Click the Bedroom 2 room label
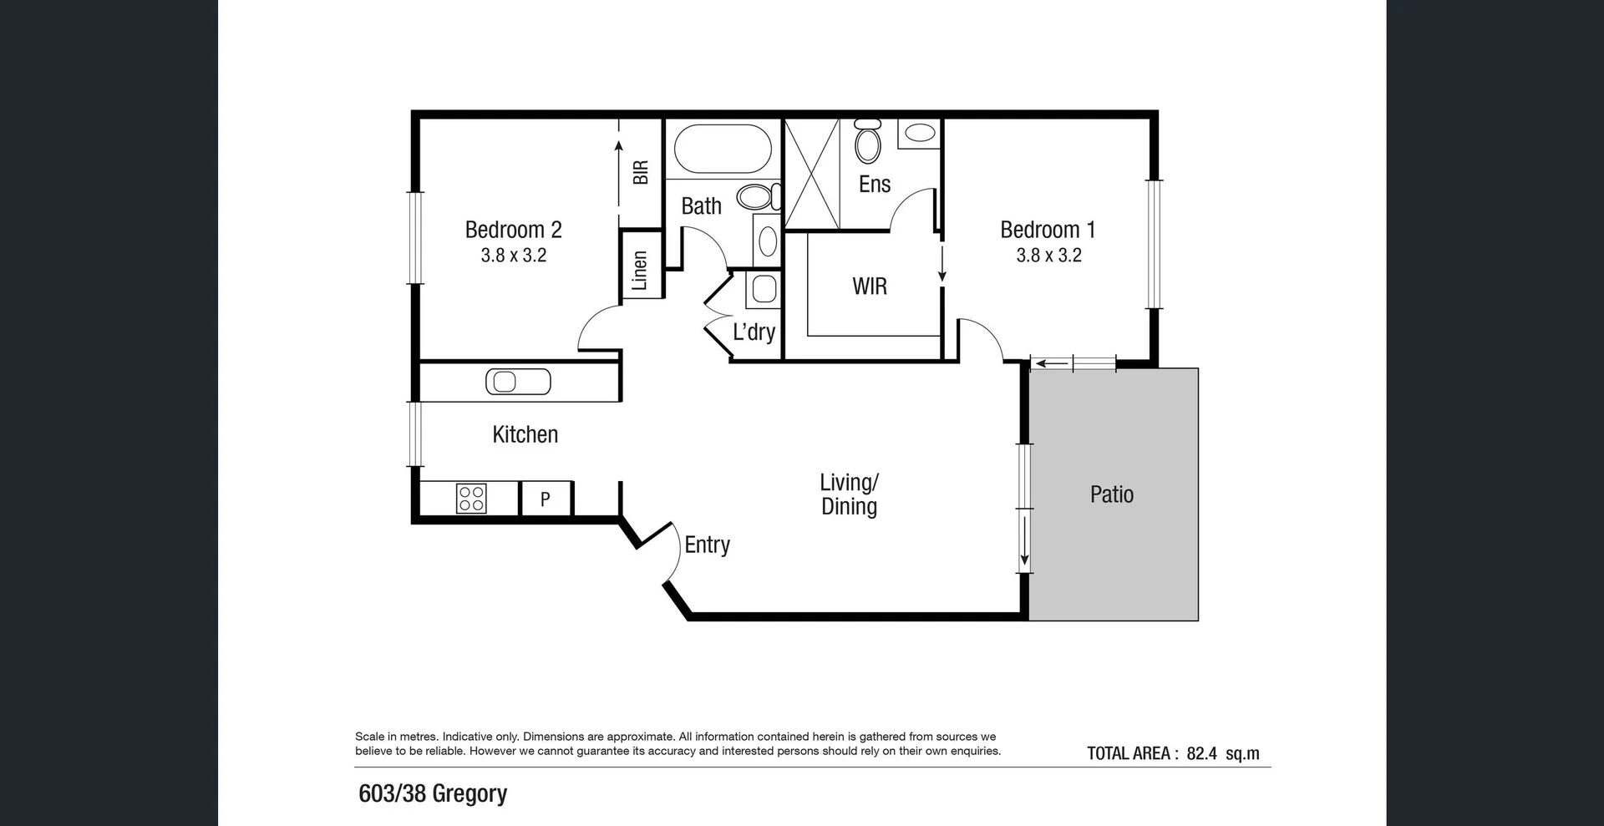tap(513, 230)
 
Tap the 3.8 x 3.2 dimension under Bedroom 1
tap(1048, 256)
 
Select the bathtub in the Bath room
tap(723, 149)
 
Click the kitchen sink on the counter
tap(518, 382)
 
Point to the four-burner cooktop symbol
tap(471, 499)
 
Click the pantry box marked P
tap(546, 499)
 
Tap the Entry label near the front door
tap(707, 545)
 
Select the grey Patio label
tap(1111, 494)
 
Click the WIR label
tap(869, 286)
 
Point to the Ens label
tap(875, 185)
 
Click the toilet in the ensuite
tap(868, 144)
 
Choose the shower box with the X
tap(812, 174)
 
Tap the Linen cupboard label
tap(640, 271)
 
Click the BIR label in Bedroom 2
tap(641, 173)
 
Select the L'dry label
tap(754, 332)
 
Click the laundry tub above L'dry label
tap(764, 290)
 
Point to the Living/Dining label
tap(849, 494)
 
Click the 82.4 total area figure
tap(1201, 753)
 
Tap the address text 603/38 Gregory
tap(433, 793)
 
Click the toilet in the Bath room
tap(757, 198)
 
